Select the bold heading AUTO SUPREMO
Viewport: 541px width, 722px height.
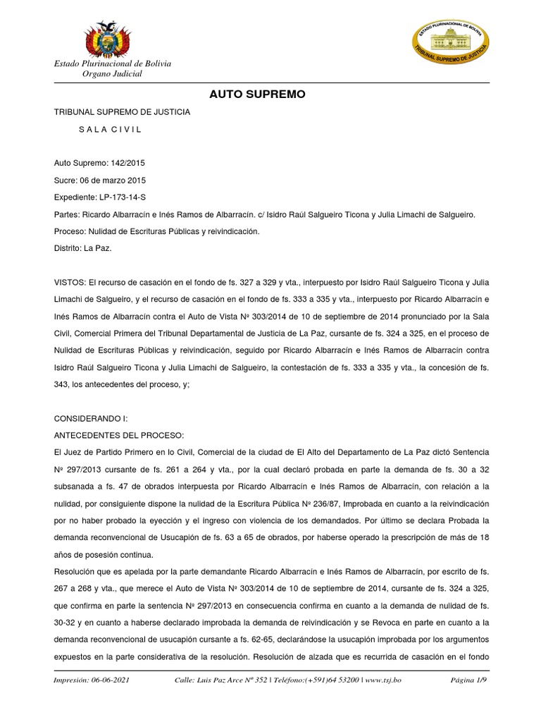point(257,94)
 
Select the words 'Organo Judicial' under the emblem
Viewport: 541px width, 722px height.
point(113,74)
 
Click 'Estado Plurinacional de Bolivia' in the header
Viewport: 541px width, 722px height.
point(113,64)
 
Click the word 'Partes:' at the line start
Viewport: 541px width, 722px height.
point(67,214)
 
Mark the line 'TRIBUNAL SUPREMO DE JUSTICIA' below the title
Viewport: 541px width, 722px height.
point(122,112)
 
